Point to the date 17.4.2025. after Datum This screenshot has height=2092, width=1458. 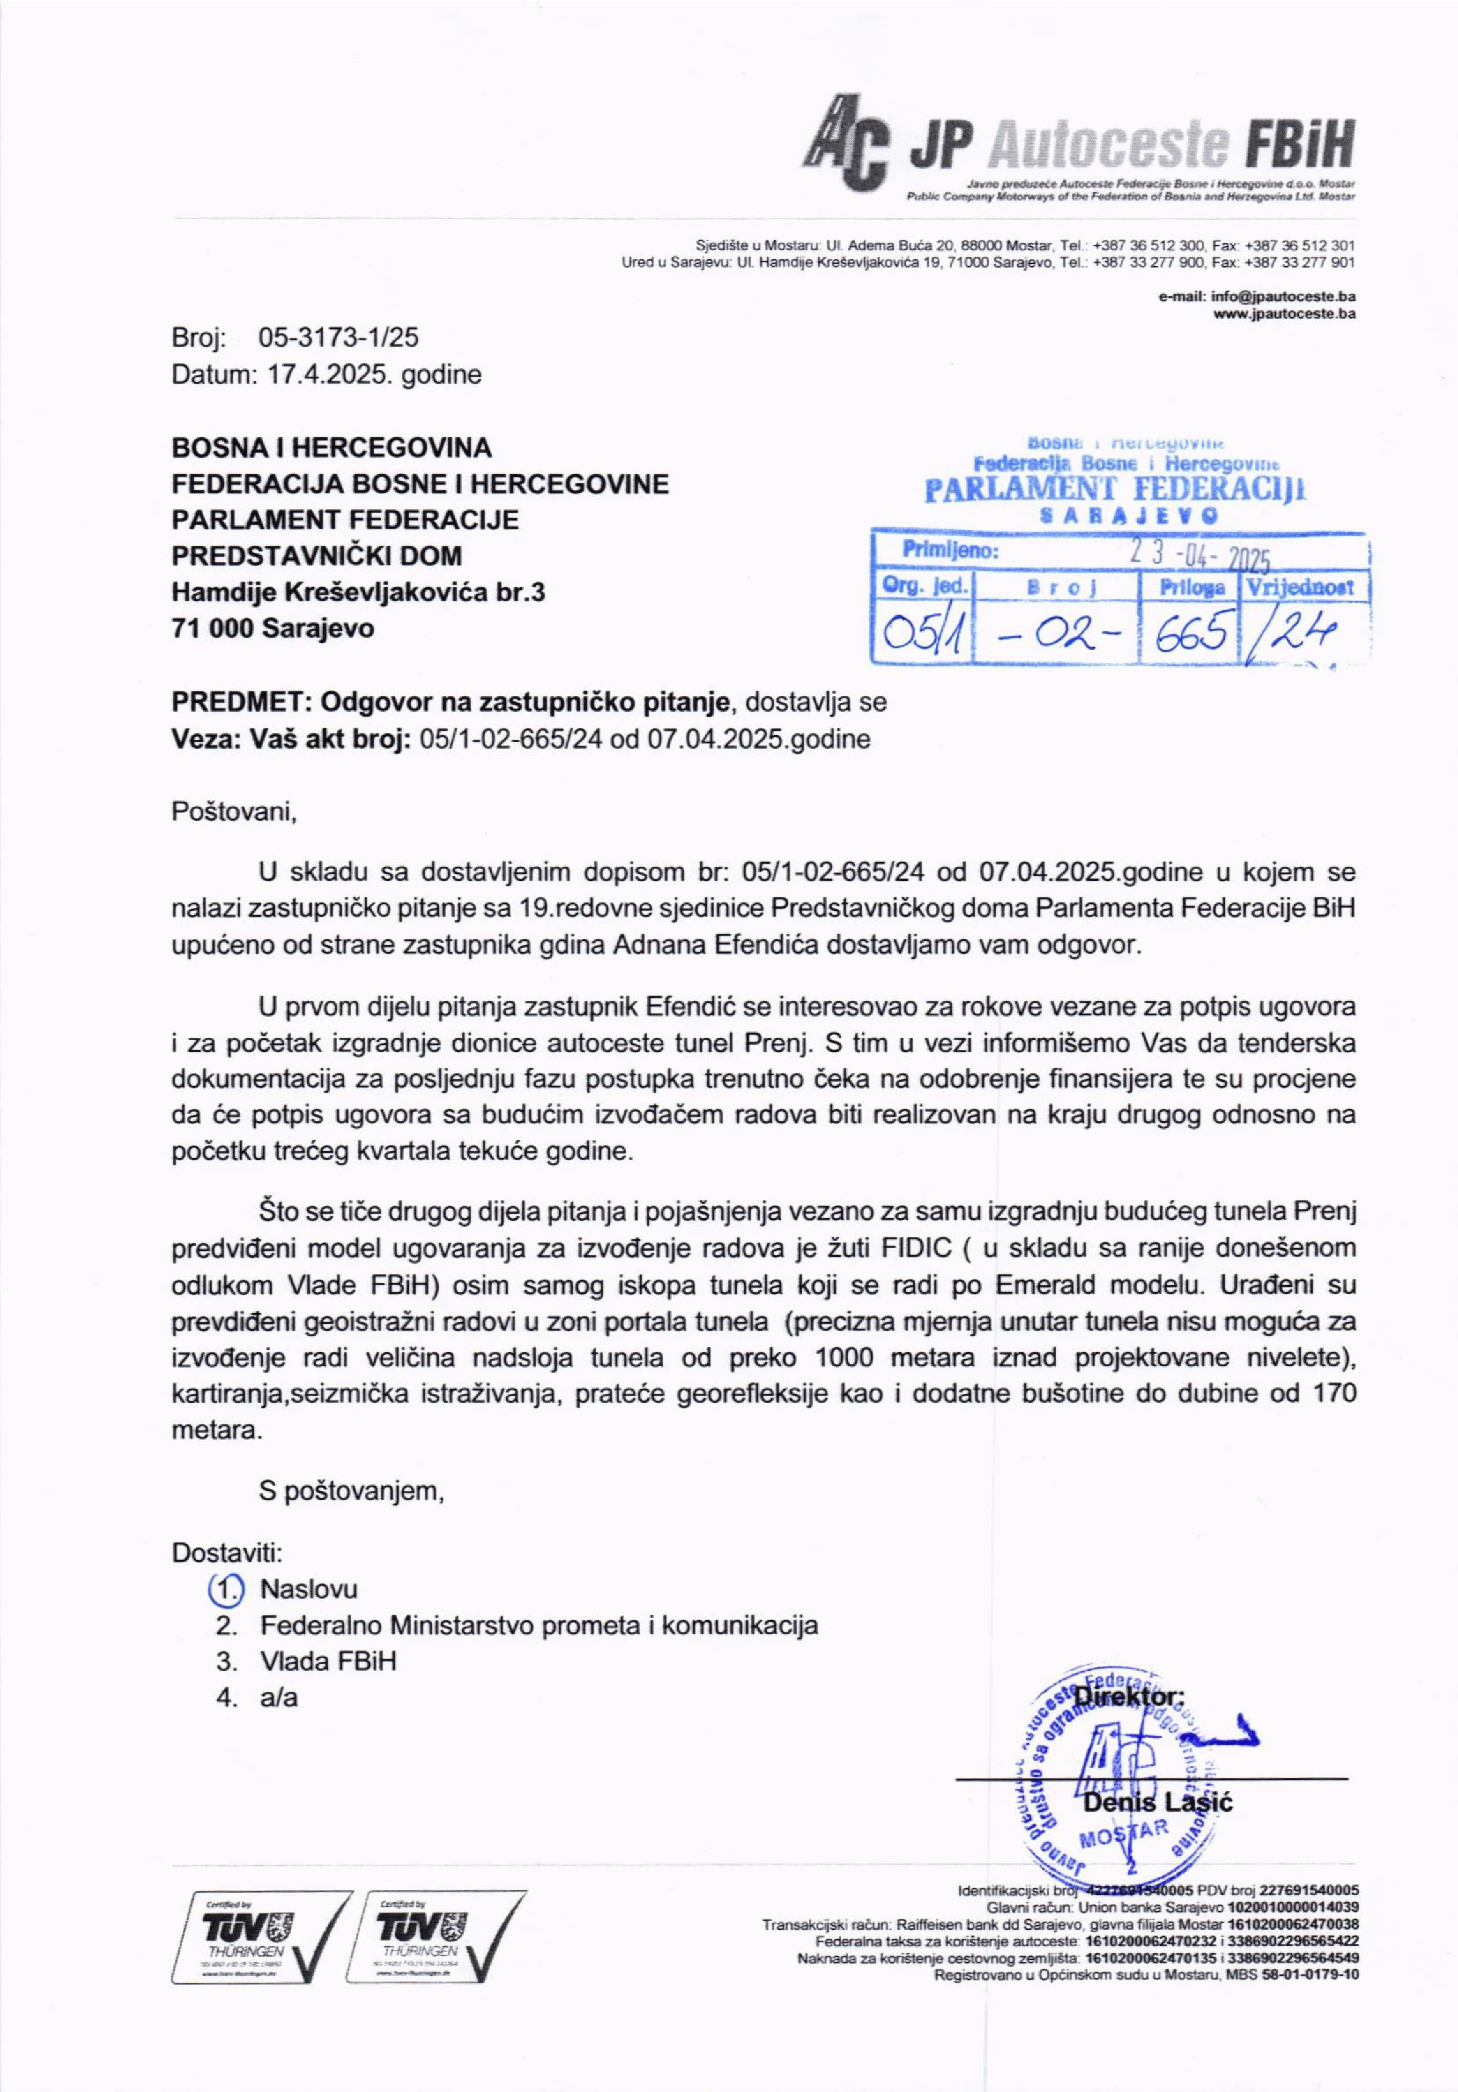[322, 374]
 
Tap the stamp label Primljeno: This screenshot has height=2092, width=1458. [950, 551]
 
